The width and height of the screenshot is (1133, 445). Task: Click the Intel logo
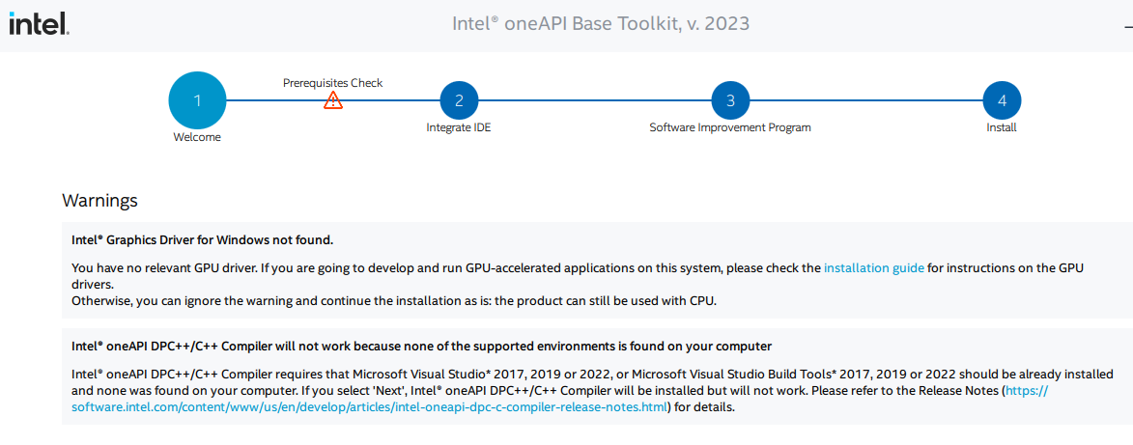pyautogui.click(x=39, y=24)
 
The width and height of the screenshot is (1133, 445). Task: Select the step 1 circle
pyautogui.click(x=197, y=100)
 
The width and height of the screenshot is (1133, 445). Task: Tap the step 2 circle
pyautogui.click(x=459, y=100)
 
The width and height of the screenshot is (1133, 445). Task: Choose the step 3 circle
pyautogui.click(x=730, y=100)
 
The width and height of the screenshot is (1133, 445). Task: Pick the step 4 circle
pyautogui.click(x=1003, y=100)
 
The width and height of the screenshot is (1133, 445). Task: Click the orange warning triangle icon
pyautogui.click(x=333, y=100)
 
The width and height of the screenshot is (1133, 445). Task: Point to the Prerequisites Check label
pyautogui.click(x=332, y=82)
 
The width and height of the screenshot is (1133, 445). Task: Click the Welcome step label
pyautogui.click(x=197, y=137)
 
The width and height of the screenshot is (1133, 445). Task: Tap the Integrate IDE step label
pyautogui.click(x=459, y=127)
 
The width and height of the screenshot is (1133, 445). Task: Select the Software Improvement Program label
pyautogui.click(x=730, y=127)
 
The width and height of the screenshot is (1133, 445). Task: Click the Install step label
pyautogui.click(x=1002, y=127)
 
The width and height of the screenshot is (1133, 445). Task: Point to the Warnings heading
pyautogui.click(x=99, y=200)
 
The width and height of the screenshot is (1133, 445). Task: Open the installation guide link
pyautogui.click(x=873, y=268)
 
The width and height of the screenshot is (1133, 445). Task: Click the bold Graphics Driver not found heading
pyautogui.click(x=202, y=239)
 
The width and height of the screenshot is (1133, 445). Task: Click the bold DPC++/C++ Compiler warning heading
pyautogui.click(x=421, y=346)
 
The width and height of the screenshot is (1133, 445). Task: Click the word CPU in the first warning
pyautogui.click(x=701, y=301)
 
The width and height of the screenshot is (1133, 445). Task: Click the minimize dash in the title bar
pyautogui.click(x=1128, y=24)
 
